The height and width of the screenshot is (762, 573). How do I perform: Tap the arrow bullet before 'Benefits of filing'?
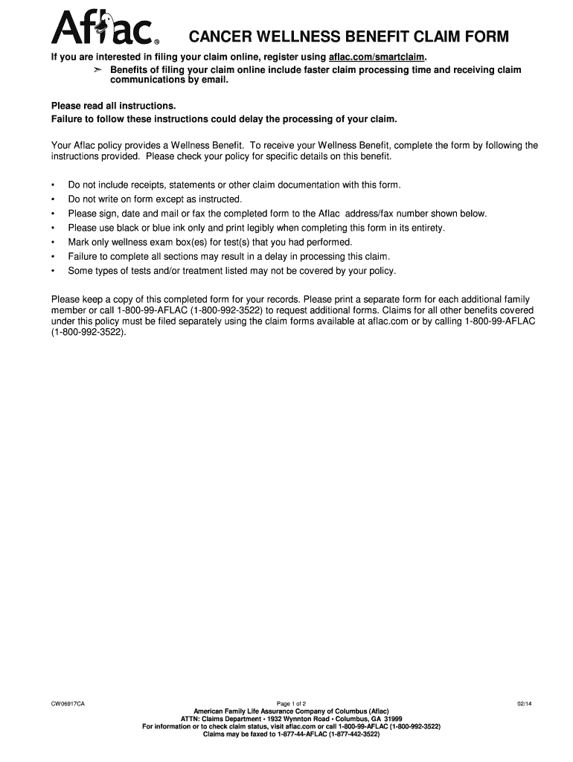pyautogui.click(x=97, y=70)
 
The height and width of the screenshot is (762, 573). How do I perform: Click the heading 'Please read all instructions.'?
pyautogui.click(x=113, y=106)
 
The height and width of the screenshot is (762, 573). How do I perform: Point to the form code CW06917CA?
pyautogui.click(x=68, y=703)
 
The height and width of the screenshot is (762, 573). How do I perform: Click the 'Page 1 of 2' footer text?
pyautogui.click(x=291, y=703)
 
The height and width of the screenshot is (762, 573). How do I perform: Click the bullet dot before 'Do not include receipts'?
pyautogui.click(x=54, y=185)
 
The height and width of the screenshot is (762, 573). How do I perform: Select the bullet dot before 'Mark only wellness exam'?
pyautogui.click(x=54, y=243)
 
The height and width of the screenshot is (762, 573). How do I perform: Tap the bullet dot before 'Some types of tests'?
pyautogui.click(x=54, y=271)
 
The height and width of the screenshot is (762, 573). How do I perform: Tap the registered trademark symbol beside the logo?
pyautogui.click(x=156, y=42)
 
